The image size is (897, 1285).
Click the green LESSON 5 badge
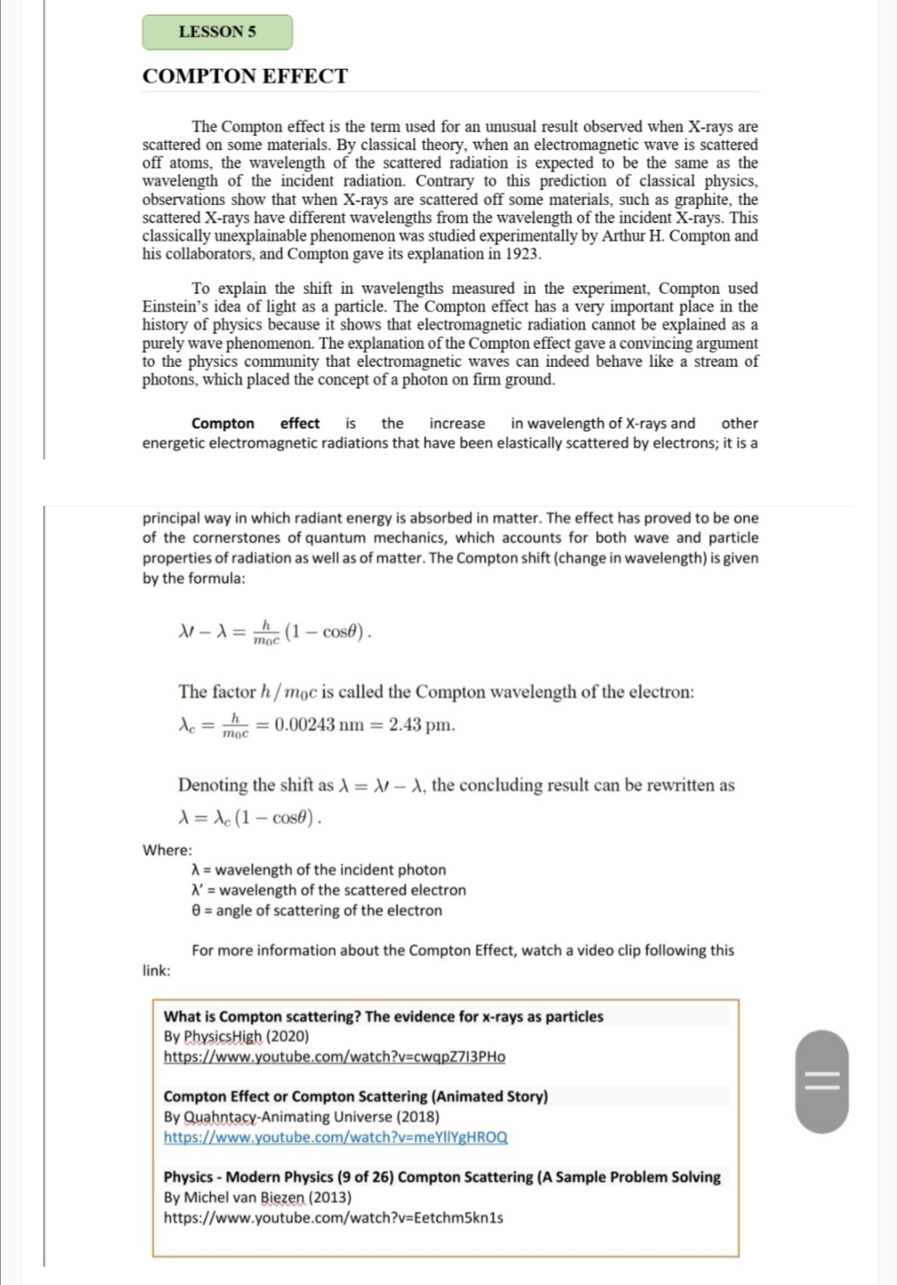[217, 32]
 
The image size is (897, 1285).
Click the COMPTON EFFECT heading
[245, 76]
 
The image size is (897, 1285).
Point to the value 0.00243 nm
[319, 724]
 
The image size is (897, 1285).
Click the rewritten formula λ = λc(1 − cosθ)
[250, 818]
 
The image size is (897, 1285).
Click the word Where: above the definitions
[167, 850]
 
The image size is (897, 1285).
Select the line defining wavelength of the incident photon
[318, 870]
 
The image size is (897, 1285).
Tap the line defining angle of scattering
[316, 910]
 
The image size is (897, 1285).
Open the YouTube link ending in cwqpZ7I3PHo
[334, 1057]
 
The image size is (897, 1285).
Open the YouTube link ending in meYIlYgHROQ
[336, 1137]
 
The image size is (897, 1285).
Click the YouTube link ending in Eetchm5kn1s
[333, 1218]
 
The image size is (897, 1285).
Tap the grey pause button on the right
[822, 1081]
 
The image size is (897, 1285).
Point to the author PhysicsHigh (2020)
[236, 1037]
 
